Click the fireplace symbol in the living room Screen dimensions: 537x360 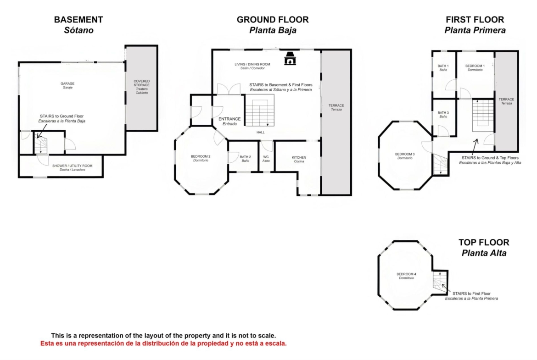290,58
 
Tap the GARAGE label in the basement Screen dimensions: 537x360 67,83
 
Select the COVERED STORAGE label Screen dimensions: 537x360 142,83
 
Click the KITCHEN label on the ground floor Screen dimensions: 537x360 299,157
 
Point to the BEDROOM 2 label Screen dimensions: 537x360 201,156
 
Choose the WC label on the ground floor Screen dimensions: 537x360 266,157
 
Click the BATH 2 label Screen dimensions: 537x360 245,157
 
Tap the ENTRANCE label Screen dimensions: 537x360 229,119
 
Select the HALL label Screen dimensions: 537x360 261,133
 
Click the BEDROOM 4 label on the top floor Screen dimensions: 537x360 407,274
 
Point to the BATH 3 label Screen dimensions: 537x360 443,112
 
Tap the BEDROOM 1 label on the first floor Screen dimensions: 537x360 475,66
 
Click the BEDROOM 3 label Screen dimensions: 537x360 405,155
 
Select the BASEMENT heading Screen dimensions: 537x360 78,20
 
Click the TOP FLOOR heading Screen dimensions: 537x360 484,243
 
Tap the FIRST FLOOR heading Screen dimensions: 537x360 475,20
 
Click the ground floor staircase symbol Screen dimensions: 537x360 260,111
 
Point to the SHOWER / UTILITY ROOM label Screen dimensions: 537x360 72,166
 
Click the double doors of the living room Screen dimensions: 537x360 229,89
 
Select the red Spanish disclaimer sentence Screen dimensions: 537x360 164,343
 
